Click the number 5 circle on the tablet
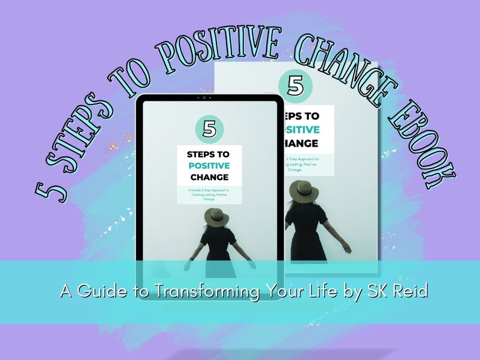pos(209,129)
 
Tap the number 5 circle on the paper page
pos(296,85)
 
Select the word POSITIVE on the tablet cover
pos(209,166)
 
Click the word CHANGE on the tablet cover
pos(209,177)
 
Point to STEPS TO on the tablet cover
pos(209,154)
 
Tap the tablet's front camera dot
pos(204,97)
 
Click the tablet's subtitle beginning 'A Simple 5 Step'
pos(209,194)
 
